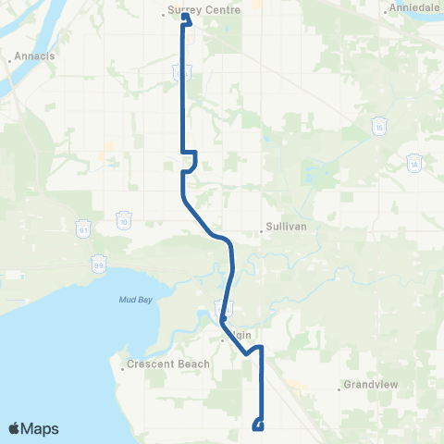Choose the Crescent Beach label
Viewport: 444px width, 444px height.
pos(164,364)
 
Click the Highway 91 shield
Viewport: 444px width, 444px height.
pos(82,228)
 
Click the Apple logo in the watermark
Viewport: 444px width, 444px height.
pos(16,428)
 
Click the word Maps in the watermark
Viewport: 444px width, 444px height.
pos(42,428)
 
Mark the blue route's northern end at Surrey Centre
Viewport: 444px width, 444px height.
pos(186,18)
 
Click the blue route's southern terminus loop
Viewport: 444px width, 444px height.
pos(257,425)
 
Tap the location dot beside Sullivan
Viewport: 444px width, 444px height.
pos(263,232)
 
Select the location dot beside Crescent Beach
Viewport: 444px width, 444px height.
pos(123,370)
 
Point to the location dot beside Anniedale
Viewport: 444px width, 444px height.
pos(386,13)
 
